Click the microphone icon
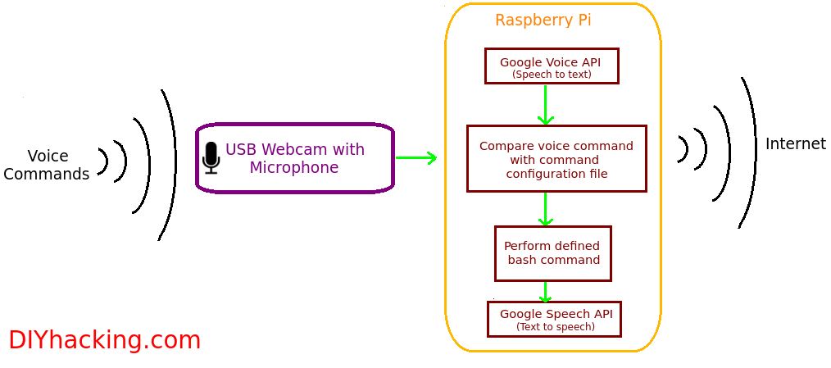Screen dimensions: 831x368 pos(211,158)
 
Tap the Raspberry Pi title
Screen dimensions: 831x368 pos(543,20)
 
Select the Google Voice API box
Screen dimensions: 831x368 pos(552,66)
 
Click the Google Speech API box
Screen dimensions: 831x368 pos(554,319)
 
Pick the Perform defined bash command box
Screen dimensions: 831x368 pos(552,253)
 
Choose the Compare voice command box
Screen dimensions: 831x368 pos(556,158)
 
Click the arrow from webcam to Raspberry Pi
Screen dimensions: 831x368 pos(416,157)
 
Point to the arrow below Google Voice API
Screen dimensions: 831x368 pos(545,104)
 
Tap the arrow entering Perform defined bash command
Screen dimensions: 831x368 pos(545,209)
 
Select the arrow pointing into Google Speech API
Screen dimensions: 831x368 pos(545,292)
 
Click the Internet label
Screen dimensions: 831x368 pos(796,143)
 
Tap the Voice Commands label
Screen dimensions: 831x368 pos(47,165)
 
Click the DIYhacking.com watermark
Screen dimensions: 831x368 pos(104,340)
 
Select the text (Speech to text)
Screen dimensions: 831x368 pos(552,75)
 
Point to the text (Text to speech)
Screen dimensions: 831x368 pos(556,327)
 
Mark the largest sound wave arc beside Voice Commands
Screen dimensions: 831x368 pos(168,165)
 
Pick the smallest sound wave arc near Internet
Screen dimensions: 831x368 pos(683,149)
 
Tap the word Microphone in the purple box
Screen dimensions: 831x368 pos(294,167)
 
